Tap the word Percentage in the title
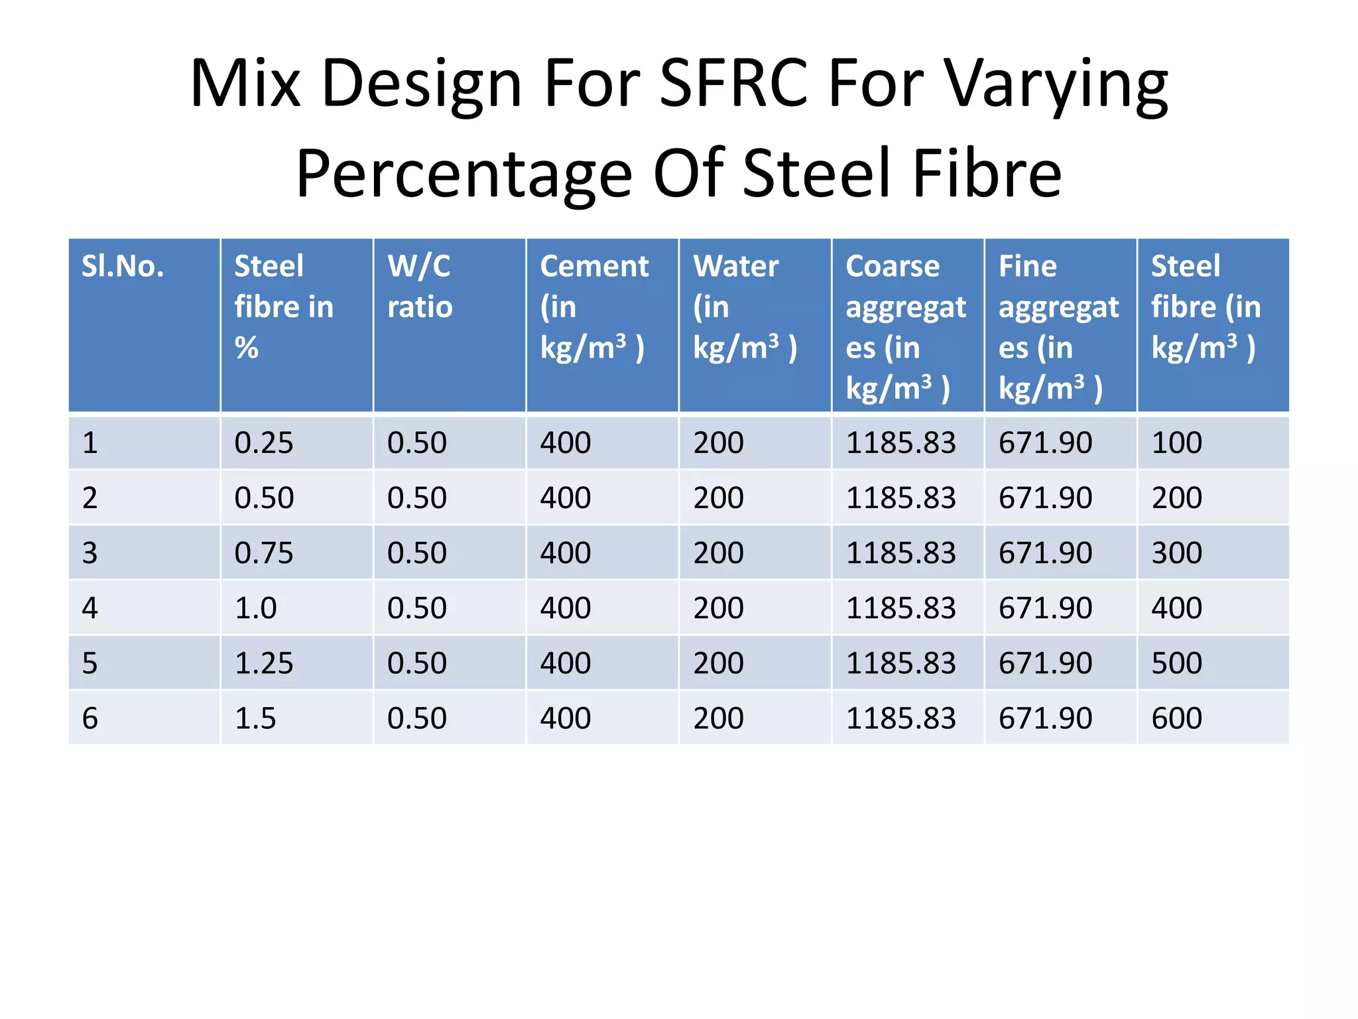tap(463, 174)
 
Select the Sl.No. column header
tap(123, 267)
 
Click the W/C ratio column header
tap(420, 287)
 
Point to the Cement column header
tap(593, 306)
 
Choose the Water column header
tap(745, 306)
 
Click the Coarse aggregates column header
tap(905, 326)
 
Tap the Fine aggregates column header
tap(1058, 326)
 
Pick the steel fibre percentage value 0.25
tap(264, 443)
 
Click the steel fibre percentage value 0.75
tap(264, 553)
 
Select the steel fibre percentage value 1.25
tap(264, 663)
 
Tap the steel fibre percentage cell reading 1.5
tap(255, 718)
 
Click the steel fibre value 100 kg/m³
tap(1176, 443)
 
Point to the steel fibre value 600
tap(1176, 718)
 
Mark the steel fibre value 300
tap(1176, 553)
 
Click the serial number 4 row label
tap(90, 608)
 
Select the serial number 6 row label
tap(90, 718)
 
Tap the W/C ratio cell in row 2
tap(417, 498)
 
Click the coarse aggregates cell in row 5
tap(900, 663)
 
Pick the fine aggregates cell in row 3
tap(1045, 553)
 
